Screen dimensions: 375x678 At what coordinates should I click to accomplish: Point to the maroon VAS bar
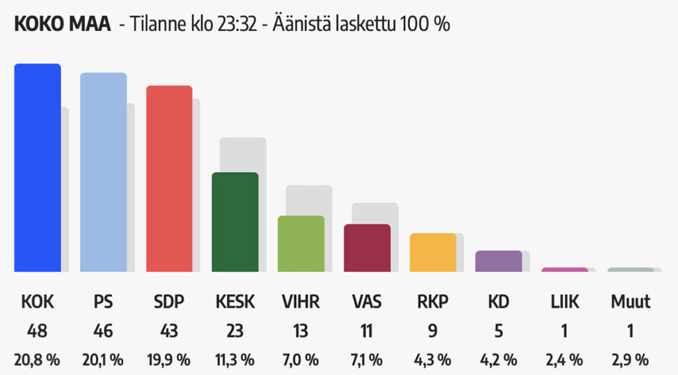coord(367,248)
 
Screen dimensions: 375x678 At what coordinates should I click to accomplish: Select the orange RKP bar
coord(433,252)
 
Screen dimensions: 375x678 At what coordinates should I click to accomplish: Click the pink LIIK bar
coord(564,269)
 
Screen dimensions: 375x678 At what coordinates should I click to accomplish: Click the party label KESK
coord(235,302)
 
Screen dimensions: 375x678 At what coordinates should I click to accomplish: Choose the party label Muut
coord(630,302)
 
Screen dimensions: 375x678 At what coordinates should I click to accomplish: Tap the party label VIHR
coord(301,302)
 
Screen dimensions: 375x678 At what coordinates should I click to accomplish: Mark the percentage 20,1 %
coord(103,360)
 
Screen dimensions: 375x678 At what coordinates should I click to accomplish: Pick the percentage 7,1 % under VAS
coord(367,360)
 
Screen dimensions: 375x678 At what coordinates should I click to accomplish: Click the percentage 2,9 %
coord(630,360)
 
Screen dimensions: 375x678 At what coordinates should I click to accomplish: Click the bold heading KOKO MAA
coord(62,24)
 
